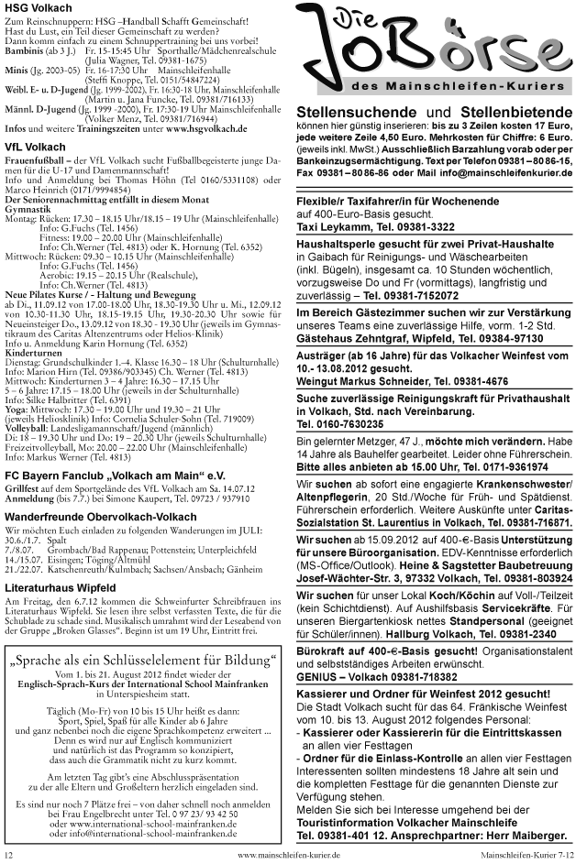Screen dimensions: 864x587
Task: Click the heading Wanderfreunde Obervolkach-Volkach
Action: pos(108,519)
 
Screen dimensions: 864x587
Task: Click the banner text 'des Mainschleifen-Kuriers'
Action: pos(437,84)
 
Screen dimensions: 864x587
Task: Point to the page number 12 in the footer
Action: pos(8,854)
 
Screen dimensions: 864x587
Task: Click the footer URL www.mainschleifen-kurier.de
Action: pos(289,854)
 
